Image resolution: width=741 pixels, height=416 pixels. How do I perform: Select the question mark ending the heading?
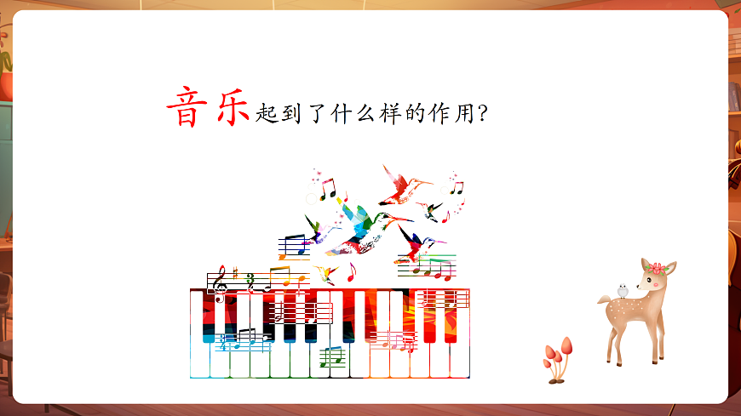[483, 114]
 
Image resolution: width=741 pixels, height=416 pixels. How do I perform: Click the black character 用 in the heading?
[463, 113]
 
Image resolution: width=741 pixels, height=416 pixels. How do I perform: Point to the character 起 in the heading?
[266, 113]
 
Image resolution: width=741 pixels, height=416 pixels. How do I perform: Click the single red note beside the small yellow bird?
[350, 272]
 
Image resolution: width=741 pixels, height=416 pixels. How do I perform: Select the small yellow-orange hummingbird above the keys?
[325, 274]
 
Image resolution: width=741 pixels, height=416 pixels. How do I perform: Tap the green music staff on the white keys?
[331, 356]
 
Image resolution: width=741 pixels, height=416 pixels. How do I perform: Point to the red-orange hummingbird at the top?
[401, 185]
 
